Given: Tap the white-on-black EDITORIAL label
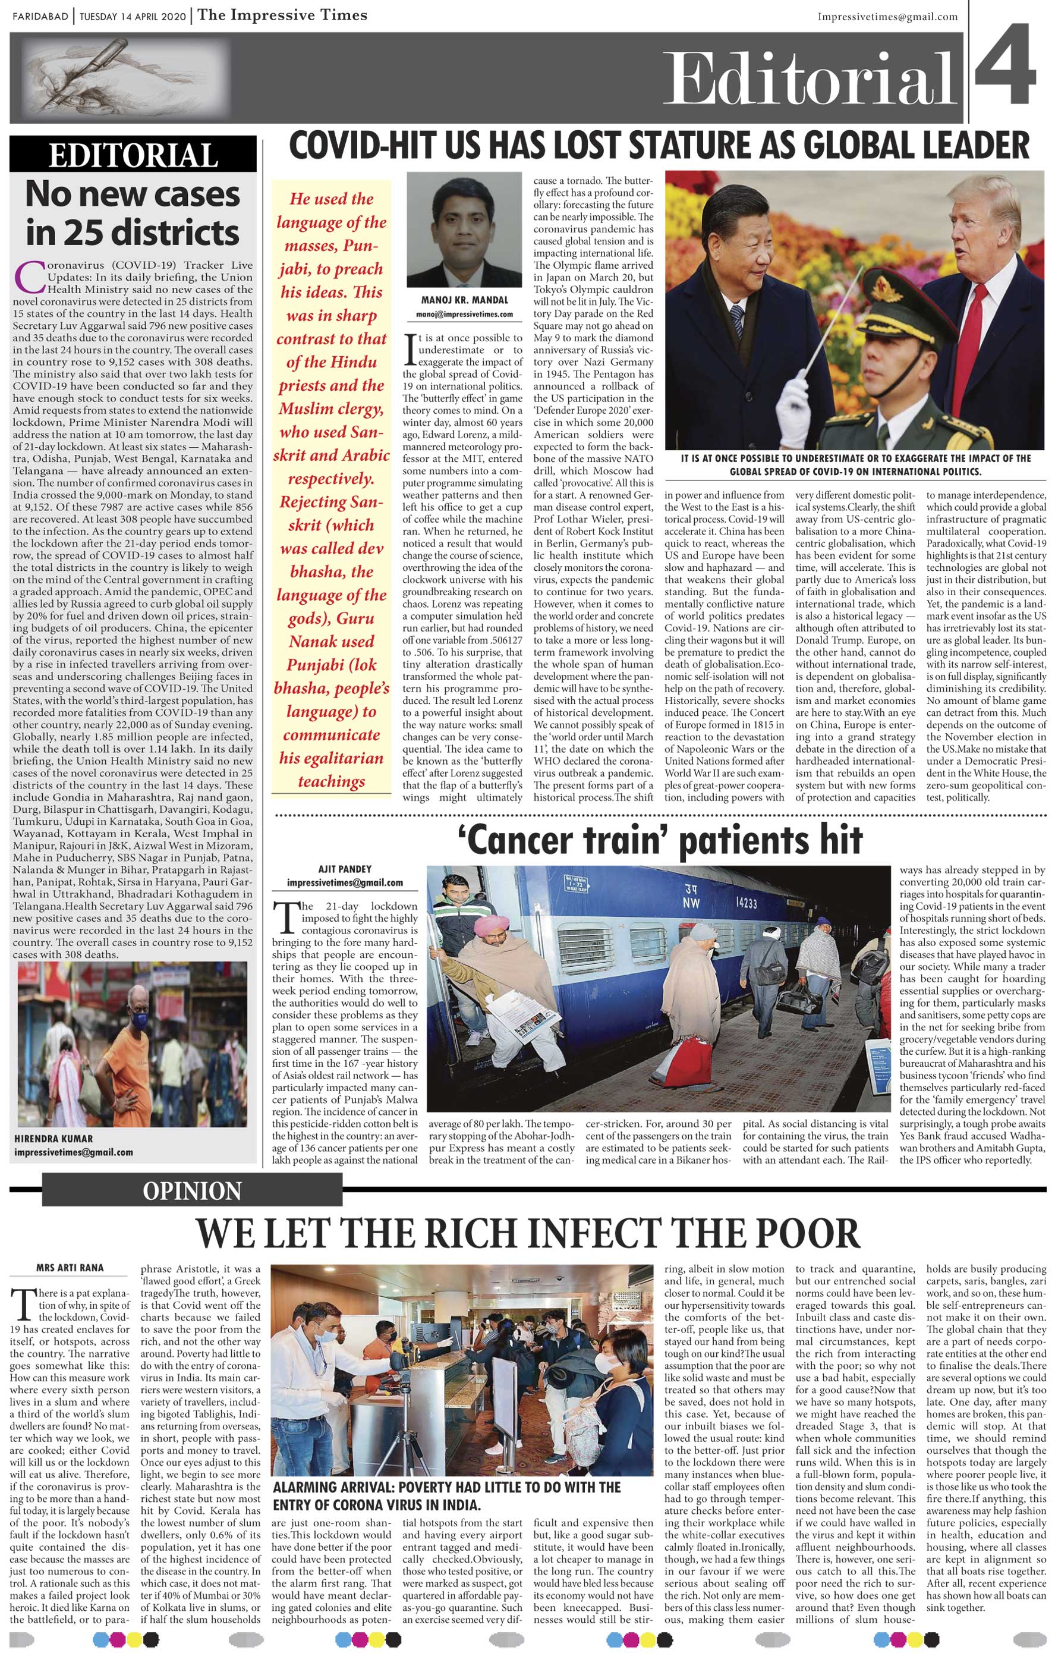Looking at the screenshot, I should (x=133, y=156).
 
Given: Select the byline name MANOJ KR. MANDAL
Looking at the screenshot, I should (x=465, y=300).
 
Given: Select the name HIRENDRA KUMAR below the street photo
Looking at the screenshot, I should (x=53, y=1138).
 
